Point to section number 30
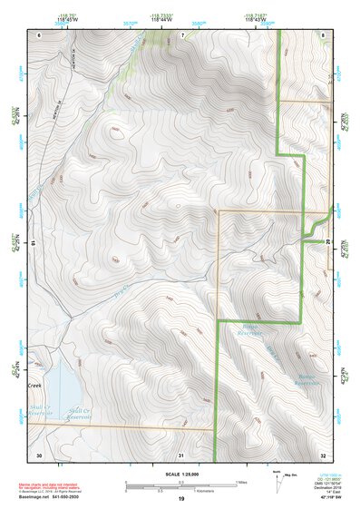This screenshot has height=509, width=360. (39, 454)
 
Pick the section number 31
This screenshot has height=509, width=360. (181, 454)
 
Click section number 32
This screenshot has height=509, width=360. (324, 454)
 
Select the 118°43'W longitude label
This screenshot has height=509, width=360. (253, 17)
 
